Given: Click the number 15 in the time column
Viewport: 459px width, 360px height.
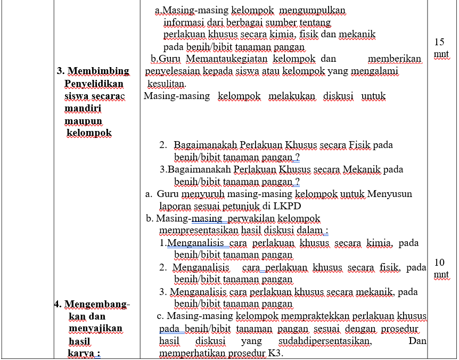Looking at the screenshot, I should click(439, 42).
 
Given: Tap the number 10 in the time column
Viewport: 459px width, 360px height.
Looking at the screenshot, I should click(439, 263).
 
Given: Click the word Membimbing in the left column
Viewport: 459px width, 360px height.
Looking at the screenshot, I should click(99, 71).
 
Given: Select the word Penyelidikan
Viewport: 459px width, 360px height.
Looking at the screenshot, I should click(94, 84).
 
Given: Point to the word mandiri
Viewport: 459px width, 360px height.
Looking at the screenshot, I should click(83, 108).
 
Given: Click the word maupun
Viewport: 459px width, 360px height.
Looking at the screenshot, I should click(83, 121).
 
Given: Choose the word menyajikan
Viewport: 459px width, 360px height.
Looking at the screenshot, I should click(95, 329).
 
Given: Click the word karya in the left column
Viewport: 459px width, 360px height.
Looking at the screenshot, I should click(84, 353).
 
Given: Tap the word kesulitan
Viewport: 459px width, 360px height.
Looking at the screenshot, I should click(166, 84).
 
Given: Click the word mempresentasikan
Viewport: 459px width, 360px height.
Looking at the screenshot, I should click(199, 231).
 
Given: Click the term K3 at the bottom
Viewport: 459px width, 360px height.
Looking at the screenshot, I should click(275, 353).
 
